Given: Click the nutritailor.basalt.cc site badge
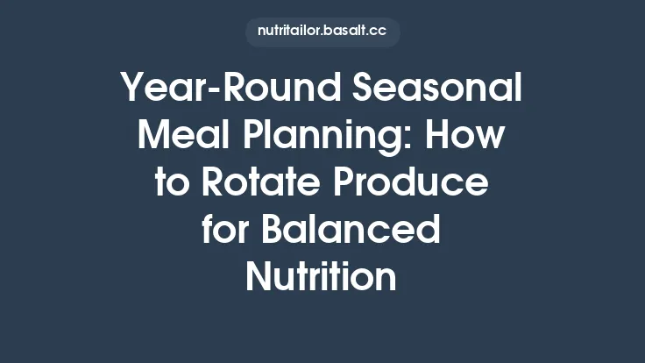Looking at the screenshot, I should pyautogui.click(x=322, y=31).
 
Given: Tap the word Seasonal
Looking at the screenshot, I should pyautogui.click(x=438, y=89).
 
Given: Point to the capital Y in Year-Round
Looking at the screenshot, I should pyautogui.click(x=132, y=89).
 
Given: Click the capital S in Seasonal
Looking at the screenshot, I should pyautogui.click(x=366, y=89).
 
